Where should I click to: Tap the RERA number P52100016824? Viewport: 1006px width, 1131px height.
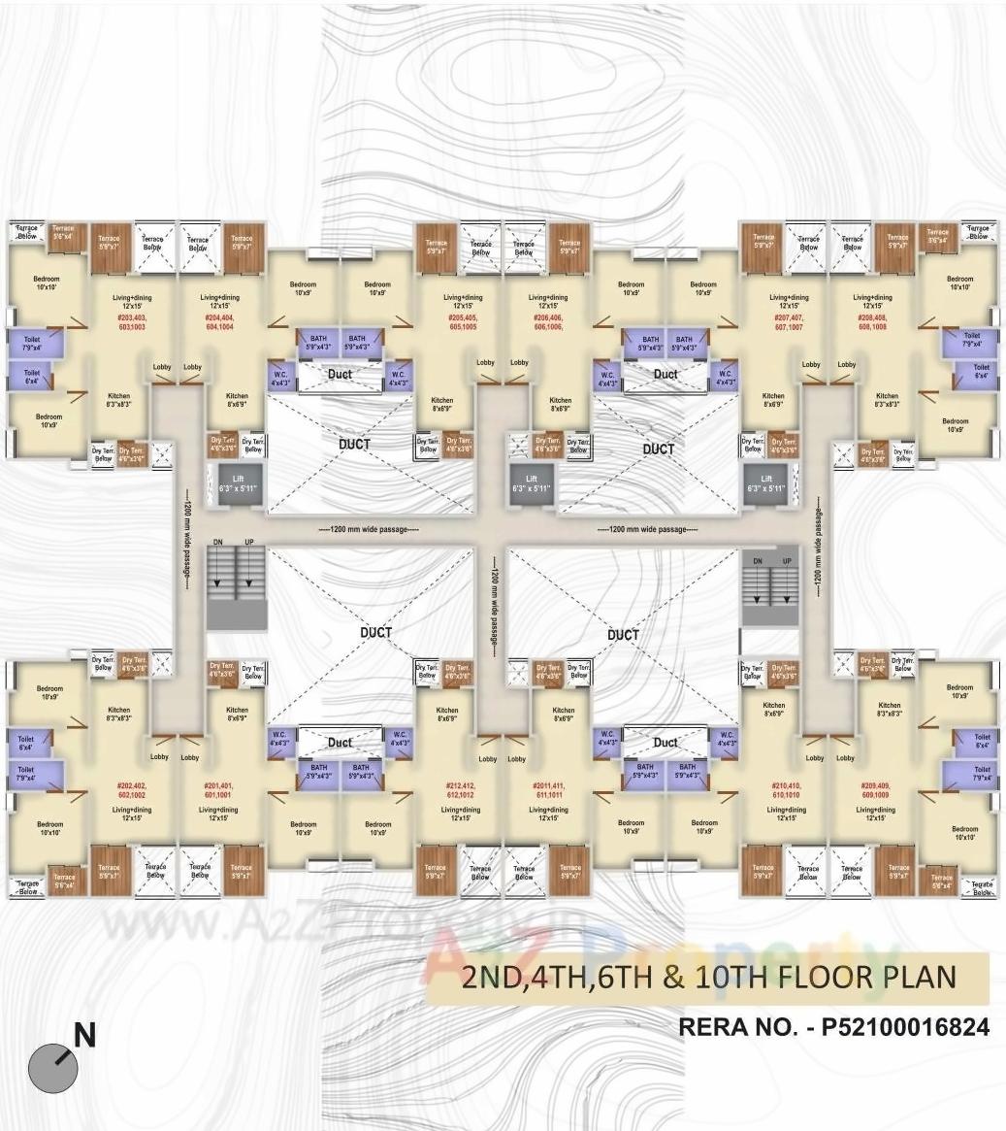(834, 1026)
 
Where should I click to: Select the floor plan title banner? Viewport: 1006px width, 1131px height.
(709, 977)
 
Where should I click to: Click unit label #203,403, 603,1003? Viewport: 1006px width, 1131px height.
(131, 323)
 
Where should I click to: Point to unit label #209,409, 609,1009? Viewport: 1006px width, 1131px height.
(875, 789)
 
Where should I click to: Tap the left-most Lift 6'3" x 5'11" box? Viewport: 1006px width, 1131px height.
(231, 482)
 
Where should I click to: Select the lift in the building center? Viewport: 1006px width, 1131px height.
(532, 482)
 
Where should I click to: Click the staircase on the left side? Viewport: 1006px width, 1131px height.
(236, 586)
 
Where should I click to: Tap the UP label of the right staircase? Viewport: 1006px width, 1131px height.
(787, 561)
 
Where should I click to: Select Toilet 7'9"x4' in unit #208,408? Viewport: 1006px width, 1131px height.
(971, 339)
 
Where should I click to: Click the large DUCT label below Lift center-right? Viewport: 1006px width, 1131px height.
(659, 449)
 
